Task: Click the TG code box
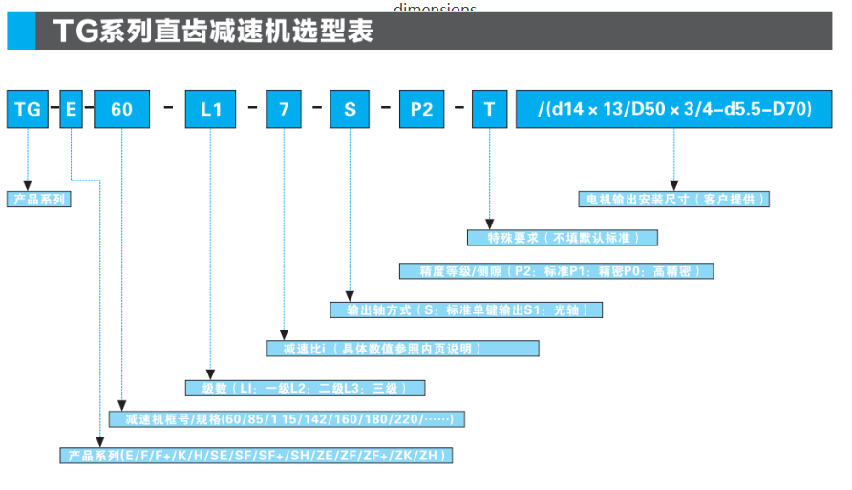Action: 28,109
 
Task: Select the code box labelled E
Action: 72,109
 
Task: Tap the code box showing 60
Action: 121,109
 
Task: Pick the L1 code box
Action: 211,109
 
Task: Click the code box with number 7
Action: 283,109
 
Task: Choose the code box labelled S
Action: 350,109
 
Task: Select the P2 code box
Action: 421,109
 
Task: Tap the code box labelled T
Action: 489,109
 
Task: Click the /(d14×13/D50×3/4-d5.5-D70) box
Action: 674,109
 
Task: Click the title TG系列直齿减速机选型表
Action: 212,32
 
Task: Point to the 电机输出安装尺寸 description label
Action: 674,200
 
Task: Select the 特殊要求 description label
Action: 563,237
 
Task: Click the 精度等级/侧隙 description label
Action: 556,271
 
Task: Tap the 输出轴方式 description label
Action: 466,309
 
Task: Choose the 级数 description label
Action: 305,388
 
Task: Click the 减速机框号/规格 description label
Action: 287,419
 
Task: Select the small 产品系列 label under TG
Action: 39,200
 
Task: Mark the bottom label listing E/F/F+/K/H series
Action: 255,456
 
